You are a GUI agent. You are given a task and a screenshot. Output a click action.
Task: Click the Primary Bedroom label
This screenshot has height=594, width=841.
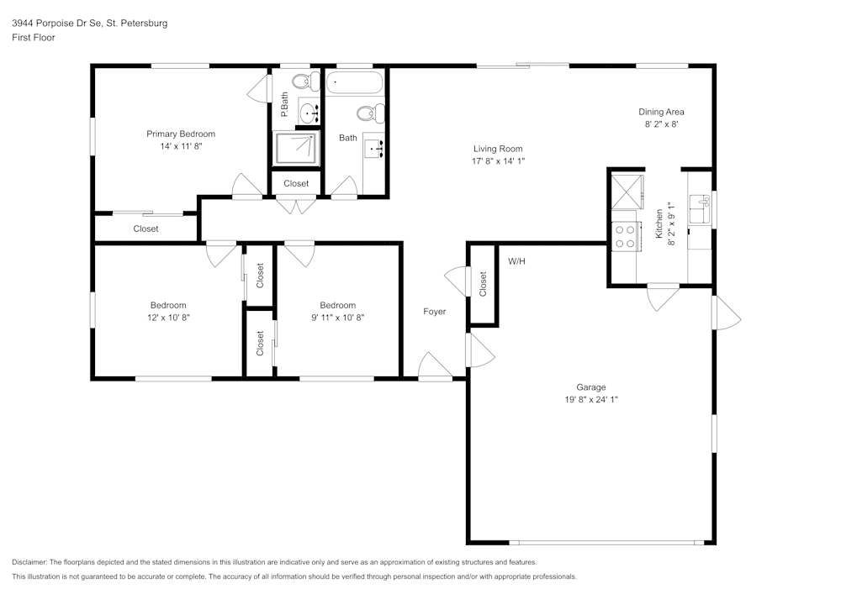[x=181, y=134]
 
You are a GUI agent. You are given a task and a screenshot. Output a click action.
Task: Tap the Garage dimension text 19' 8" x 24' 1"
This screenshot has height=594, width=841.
[x=592, y=400]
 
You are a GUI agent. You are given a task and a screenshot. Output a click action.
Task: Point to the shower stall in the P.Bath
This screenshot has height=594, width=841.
[x=297, y=148]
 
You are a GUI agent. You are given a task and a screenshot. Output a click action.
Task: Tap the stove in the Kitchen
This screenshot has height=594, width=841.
[x=624, y=235]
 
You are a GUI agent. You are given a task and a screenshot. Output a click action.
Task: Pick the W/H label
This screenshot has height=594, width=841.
[x=516, y=261]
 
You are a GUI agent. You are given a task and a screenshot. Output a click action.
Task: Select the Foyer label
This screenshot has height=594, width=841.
[x=434, y=312]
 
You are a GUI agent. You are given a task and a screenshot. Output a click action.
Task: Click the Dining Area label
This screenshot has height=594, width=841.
[x=661, y=112]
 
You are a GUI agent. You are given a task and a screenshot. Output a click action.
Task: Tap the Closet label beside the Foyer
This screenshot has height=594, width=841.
[x=483, y=283]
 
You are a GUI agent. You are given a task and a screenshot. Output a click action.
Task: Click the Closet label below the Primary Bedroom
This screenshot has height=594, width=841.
[x=145, y=229]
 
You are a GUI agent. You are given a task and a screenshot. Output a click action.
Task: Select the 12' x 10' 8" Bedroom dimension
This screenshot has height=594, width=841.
[x=168, y=318]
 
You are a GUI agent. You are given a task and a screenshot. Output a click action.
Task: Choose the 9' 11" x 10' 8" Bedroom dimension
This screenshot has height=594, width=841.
[x=337, y=318]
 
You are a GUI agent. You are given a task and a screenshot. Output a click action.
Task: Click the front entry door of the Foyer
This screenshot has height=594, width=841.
[x=435, y=368]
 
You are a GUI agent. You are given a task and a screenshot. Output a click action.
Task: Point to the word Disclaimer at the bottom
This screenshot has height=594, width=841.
[x=29, y=562]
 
